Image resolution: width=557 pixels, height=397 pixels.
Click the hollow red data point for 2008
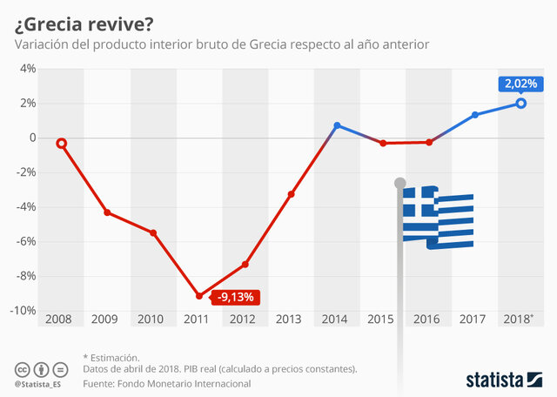point(61,143)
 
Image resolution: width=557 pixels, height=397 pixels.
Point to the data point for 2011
point(199,296)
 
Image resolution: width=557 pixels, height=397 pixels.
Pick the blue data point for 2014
point(337,125)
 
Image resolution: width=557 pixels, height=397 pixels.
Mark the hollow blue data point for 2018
point(521,103)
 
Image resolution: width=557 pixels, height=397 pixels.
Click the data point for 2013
point(291,193)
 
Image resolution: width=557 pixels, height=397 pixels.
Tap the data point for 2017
point(475,115)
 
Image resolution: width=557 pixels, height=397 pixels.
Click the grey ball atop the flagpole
point(400,183)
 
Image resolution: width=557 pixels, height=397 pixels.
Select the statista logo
point(505,379)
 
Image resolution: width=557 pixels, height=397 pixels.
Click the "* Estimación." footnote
point(111,357)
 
